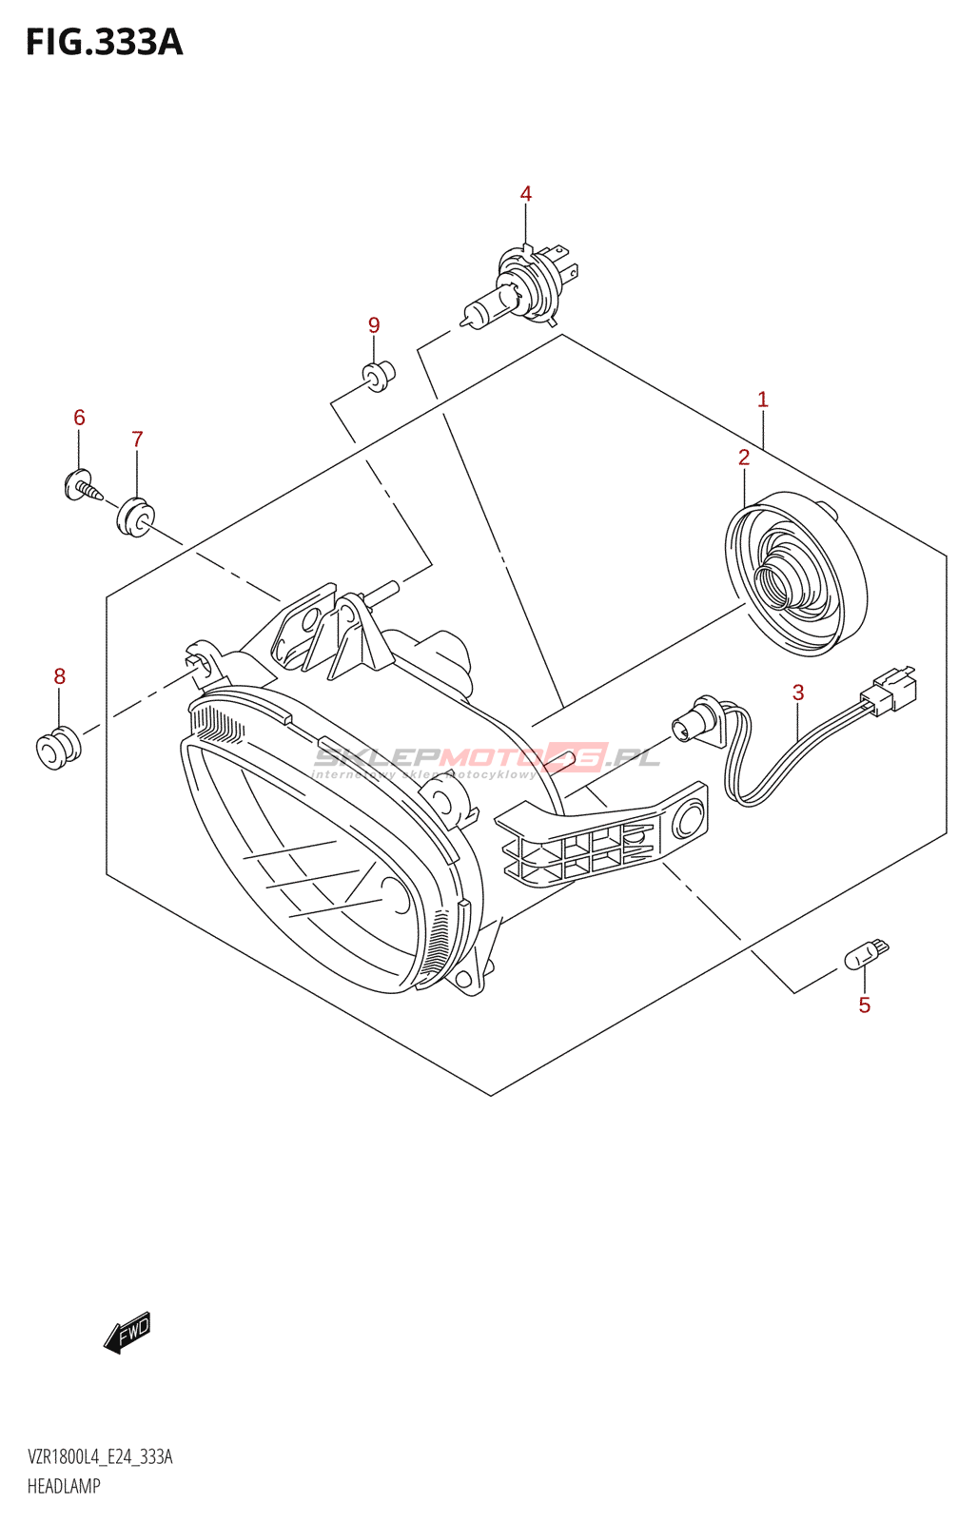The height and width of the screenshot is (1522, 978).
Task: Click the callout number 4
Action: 526,194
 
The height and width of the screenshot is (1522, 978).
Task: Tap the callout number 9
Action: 374,325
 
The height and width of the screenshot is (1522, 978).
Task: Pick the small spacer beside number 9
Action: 379,376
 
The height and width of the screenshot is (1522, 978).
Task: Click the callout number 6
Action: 79,418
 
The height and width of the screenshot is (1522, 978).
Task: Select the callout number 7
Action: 137,439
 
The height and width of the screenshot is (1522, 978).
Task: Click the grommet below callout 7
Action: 134,517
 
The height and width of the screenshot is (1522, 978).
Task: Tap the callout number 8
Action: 59,676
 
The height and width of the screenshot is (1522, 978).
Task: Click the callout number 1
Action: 762,400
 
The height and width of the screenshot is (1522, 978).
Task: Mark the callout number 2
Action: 744,458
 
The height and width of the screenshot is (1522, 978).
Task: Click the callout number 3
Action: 798,693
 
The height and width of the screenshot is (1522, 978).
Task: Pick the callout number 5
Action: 864,1005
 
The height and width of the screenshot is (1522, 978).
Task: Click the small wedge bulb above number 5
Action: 866,954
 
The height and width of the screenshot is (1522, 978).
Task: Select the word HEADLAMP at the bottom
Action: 64,1486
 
